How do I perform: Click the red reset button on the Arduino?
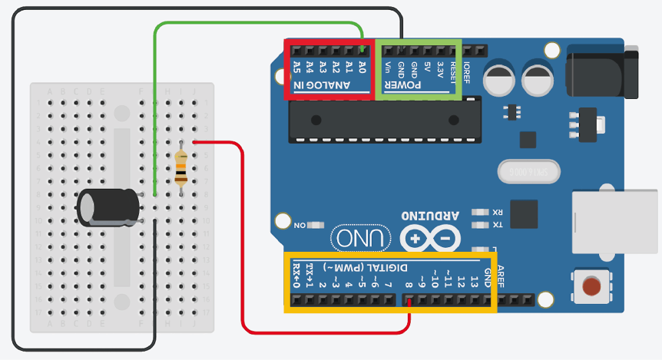591,288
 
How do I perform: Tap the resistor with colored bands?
180,167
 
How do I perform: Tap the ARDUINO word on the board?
429,214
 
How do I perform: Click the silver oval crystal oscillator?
524,170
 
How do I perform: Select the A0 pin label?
362,68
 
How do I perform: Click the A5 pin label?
296,68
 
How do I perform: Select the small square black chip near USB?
524,213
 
